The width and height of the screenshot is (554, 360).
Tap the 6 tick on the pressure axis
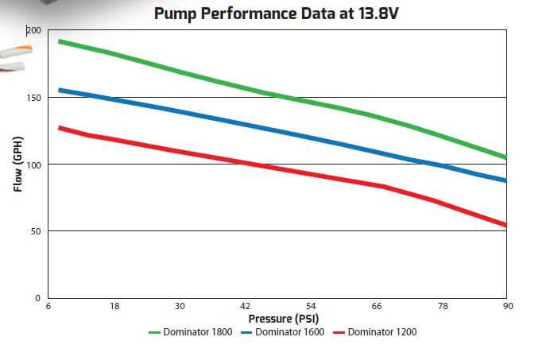49,306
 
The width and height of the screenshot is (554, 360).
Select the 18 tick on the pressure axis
114,306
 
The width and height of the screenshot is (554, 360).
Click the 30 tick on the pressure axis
180,306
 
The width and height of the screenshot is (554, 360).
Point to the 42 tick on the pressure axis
245,306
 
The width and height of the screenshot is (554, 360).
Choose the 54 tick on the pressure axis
311,306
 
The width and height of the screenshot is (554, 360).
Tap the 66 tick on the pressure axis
376,306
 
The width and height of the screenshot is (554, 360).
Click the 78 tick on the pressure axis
442,306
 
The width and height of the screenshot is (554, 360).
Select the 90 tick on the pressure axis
506,306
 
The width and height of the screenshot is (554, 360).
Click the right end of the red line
506,225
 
